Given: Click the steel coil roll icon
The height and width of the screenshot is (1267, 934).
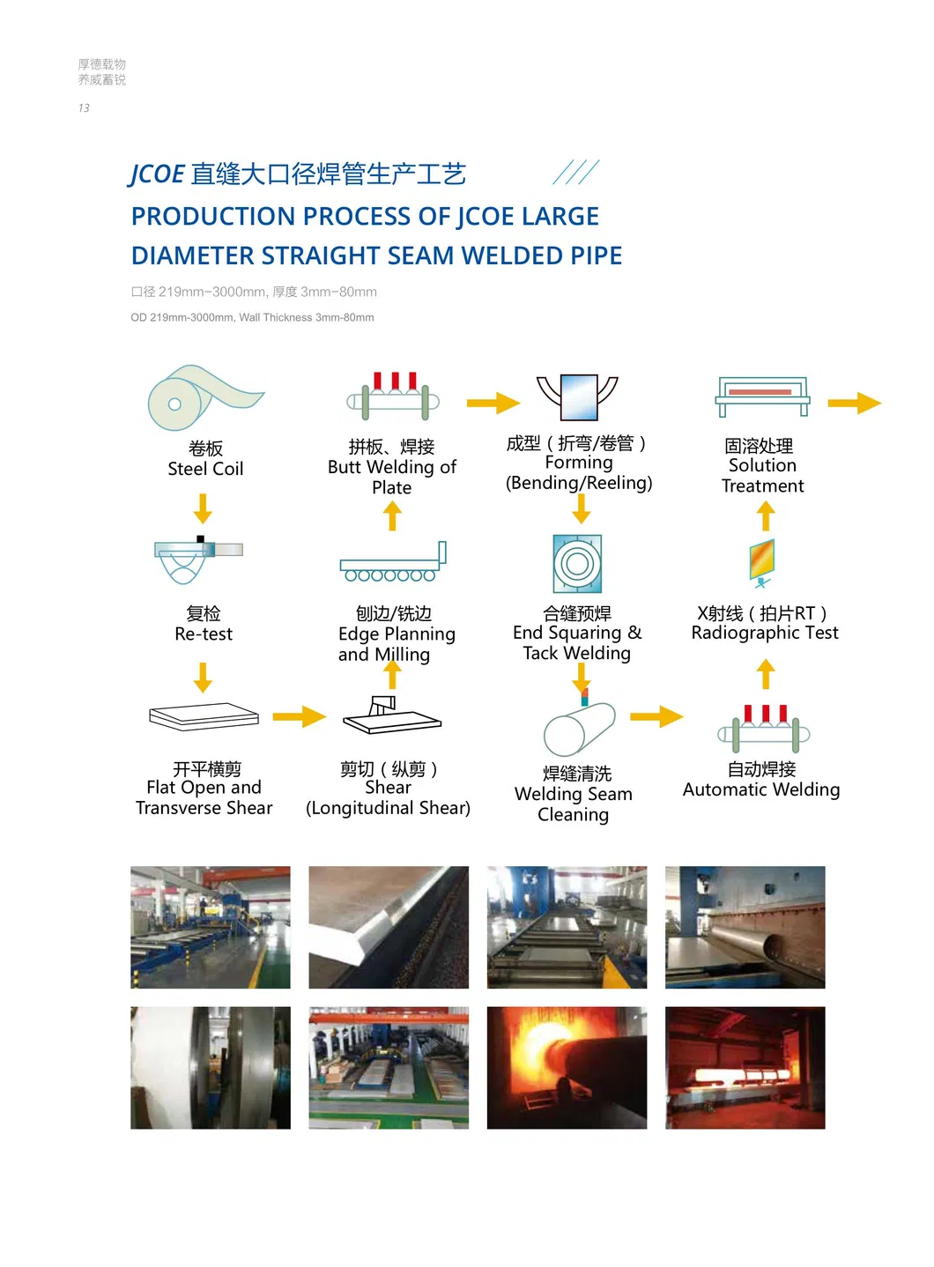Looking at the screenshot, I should (x=203, y=397).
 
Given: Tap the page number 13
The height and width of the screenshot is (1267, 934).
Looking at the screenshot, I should (x=84, y=108).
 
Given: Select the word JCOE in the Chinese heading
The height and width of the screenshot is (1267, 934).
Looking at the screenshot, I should (x=157, y=174).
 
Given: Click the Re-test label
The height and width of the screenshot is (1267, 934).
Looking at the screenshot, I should (x=204, y=633).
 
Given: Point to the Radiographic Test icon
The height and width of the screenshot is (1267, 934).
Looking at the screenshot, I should (x=762, y=561).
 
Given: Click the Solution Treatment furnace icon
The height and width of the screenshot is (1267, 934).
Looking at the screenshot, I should (x=762, y=396).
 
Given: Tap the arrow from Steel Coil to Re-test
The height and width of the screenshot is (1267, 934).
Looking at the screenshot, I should (x=204, y=508).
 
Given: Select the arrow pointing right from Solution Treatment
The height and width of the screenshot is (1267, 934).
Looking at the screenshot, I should (x=854, y=404).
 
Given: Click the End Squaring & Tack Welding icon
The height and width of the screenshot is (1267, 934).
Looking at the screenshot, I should (x=577, y=563).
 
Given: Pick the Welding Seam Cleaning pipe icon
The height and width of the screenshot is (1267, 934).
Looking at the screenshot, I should (x=578, y=729).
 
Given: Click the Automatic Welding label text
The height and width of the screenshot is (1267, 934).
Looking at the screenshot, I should (x=761, y=789).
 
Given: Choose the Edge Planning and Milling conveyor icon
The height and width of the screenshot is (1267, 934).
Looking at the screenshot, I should (x=393, y=562).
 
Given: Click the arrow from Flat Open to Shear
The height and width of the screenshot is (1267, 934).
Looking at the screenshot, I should (x=299, y=716).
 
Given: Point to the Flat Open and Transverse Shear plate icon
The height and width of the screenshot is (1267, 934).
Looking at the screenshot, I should (x=204, y=716).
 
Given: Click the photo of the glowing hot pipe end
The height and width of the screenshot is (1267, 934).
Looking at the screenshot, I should (x=567, y=1067).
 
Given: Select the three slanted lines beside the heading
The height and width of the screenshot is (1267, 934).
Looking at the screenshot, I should (x=576, y=172).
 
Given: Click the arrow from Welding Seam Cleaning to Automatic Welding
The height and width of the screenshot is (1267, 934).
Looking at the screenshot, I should (x=656, y=716).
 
